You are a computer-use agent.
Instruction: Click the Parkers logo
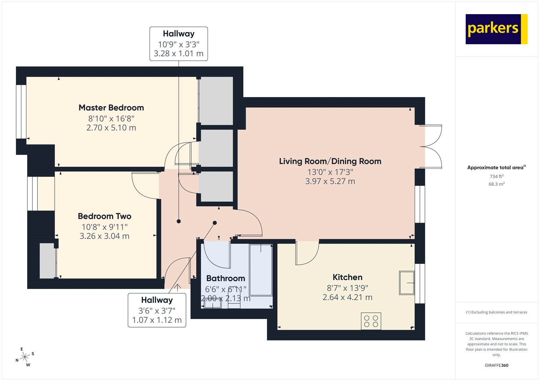[496, 29]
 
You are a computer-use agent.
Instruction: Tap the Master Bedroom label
[111, 108]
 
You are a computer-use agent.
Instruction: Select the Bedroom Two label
[104, 216]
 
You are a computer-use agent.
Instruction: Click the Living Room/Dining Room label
[330, 161]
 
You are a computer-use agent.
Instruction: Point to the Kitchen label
[347, 277]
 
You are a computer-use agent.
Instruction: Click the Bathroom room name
[225, 278]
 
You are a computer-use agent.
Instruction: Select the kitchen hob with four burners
[371, 321]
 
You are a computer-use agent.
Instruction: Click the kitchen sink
[407, 283]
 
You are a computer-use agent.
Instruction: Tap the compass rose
[25, 357]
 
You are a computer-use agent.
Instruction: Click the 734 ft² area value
[496, 177]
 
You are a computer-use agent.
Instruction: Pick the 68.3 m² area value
[496, 184]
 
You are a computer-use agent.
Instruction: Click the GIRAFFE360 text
[496, 365]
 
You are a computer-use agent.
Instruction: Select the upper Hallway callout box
[179, 44]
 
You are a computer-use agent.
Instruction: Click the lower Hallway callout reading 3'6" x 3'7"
[157, 310]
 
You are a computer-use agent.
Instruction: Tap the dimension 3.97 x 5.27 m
[330, 182]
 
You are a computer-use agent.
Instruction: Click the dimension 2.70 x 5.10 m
[111, 128]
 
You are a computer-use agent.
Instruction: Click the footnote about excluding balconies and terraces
[496, 312]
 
